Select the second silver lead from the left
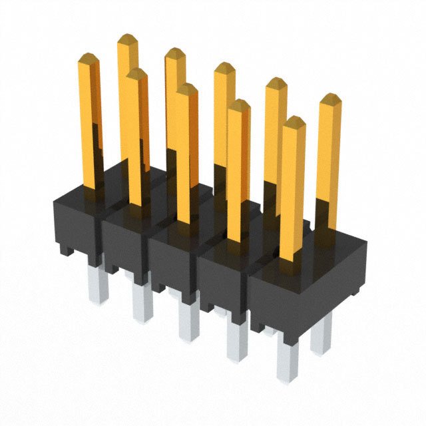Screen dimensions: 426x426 pos(142,303)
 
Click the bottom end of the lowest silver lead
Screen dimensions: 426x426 pos(288,377)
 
